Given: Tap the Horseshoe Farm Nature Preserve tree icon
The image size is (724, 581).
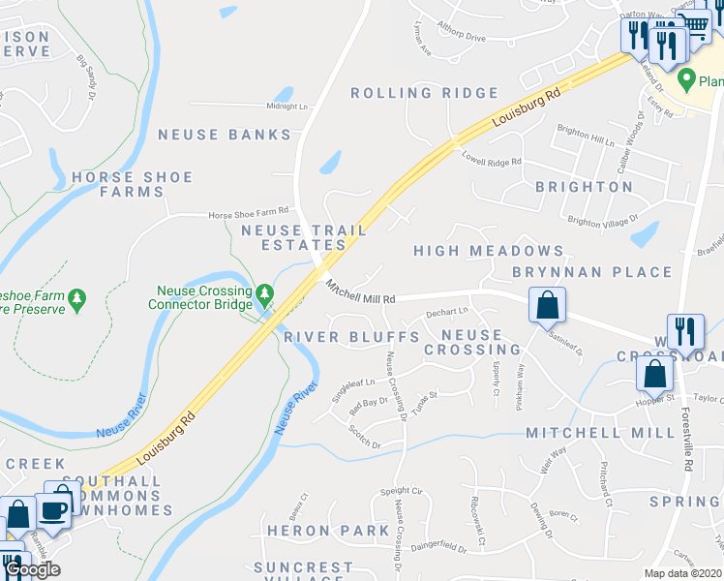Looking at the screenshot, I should click(79, 297).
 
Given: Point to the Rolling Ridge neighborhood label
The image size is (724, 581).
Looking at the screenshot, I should click(424, 93).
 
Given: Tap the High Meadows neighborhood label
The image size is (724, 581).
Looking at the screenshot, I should click(489, 251).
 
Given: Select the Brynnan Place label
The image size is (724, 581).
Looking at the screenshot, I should click(592, 272).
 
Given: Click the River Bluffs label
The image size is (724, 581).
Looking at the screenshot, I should click(352, 337).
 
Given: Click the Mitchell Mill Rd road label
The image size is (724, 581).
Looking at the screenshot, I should click(361, 293).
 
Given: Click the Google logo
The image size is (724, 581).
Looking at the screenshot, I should click(32, 570).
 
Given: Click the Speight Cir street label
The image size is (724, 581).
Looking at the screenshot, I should click(403, 492).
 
